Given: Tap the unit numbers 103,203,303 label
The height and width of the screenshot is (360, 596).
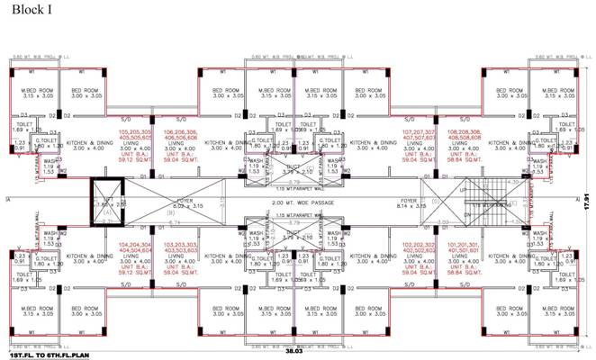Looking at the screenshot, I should coord(181,244).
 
